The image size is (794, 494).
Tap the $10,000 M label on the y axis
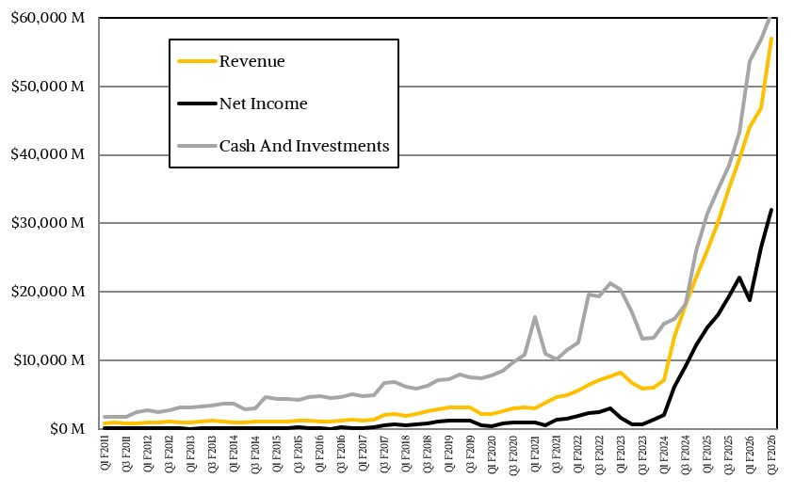pos(54,360)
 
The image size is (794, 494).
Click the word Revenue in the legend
pos(251,62)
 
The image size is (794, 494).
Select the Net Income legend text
pos(263,104)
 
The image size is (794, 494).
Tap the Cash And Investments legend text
pos(304,146)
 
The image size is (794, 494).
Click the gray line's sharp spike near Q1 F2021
pos(535,317)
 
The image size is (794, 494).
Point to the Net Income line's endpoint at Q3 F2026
pos(771,210)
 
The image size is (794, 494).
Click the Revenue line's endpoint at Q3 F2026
pos(771,39)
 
